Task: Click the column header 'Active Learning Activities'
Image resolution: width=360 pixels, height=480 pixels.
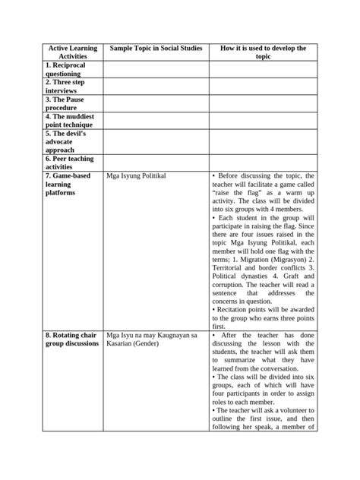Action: tap(72, 52)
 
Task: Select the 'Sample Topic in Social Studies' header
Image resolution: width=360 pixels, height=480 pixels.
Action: tap(156, 49)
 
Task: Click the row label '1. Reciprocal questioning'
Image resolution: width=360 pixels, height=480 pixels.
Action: tap(68, 70)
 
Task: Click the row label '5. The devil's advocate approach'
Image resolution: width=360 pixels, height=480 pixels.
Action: tap(66, 141)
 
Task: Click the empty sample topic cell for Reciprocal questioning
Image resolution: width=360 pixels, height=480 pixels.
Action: tap(156, 70)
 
